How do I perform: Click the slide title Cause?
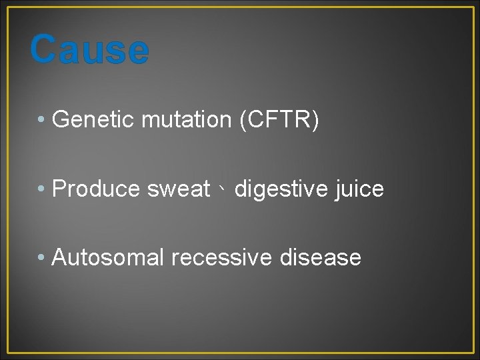[89, 50]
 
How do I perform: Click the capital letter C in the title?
[43, 50]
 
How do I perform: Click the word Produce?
[96, 189]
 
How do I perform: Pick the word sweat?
[179, 189]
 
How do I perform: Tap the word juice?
[360, 189]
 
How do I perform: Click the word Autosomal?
[107, 257]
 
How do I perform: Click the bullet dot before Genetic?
[41, 121]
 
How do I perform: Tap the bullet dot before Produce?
[41, 190]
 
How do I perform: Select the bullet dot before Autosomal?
[41, 258]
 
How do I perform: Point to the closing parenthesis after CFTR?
[315, 120]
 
